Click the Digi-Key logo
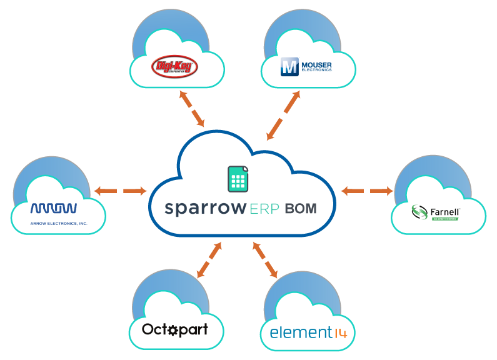174,66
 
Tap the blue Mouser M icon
289,66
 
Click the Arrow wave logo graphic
54,208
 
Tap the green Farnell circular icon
419,212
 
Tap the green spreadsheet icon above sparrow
237,179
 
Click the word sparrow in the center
203,209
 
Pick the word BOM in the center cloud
300,209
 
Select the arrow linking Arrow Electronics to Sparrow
119,190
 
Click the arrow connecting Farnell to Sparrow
367,190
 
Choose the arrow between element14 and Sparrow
266,259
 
